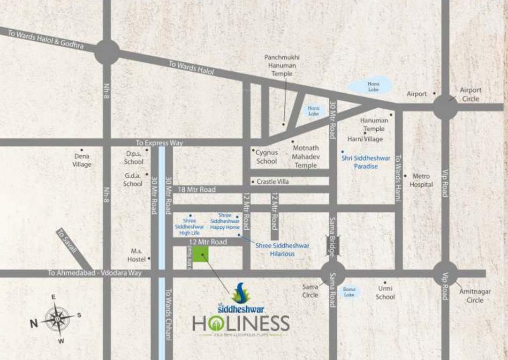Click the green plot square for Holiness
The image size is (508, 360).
click(x=201, y=255)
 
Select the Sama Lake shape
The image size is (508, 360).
click(x=349, y=292)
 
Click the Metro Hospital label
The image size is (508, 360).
click(x=421, y=180)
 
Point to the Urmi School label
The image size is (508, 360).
click(x=385, y=292)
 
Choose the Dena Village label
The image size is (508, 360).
click(x=82, y=160)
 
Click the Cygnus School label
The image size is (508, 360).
click(x=266, y=157)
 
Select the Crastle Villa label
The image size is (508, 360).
click(x=273, y=181)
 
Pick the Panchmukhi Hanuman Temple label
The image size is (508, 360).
click(x=281, y=65)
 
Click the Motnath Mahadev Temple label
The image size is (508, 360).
click(x=306, y=157)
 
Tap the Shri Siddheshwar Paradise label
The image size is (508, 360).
click(x=365, y=162)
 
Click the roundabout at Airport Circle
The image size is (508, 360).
click(x=445, y=107)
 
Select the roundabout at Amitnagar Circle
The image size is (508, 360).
click(x=445, y=273)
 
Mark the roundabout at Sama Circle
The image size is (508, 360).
click(x=333, y=273)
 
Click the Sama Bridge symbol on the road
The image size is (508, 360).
click(x=333, y=245)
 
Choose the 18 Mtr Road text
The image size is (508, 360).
click(x=197, y=189)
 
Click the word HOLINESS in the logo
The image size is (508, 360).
click(x=240, y=323)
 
